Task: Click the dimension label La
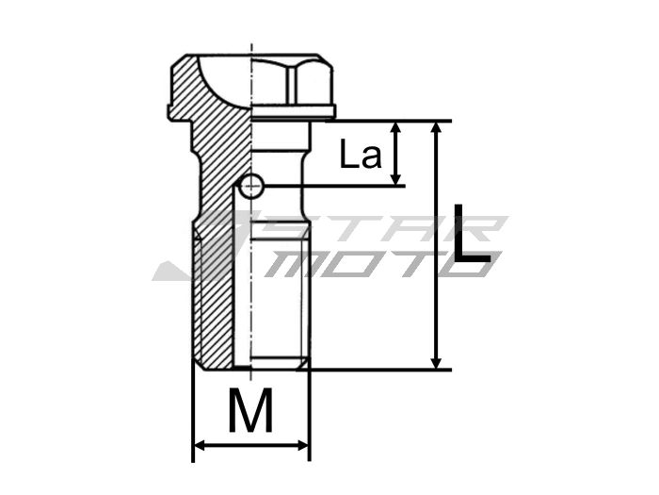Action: [362, 155]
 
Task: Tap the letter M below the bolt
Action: [250, 411]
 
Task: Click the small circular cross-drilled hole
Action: [250, 188]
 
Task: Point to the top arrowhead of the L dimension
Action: [436, 128]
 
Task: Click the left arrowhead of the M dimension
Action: [199, 445]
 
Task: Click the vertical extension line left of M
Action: [193, 415]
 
